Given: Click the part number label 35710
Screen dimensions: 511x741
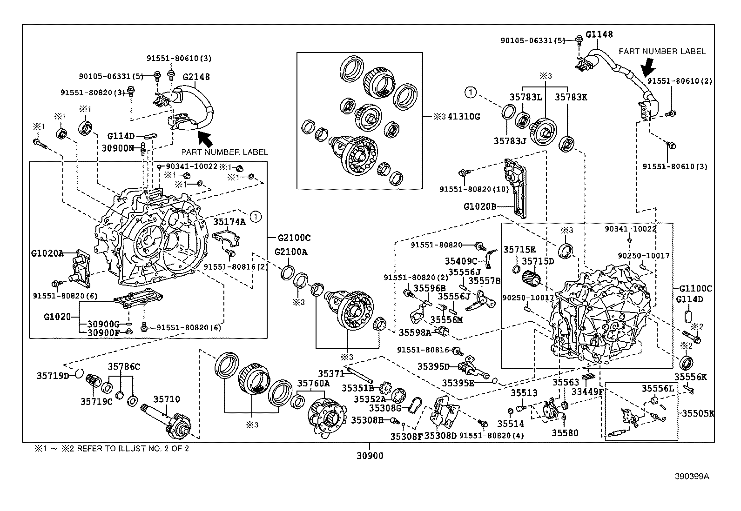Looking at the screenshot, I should pyautogui.click(x=167, y=399).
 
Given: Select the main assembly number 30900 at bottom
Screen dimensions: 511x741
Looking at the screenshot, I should pyautogui.click(x=370, y=456).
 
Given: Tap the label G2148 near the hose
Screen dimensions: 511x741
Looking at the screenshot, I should pyautogui.click(x=196, y=77).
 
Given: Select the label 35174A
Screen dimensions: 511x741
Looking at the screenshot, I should pyautogui.click(x=229, y=222).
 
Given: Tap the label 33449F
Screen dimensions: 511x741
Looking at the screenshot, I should pyautogui.click(x=587, y=392).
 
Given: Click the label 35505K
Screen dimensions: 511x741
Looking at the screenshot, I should pyautogui.click(x=698, y=413).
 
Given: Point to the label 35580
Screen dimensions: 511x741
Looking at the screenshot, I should pyautogui.click(x=565, y=433).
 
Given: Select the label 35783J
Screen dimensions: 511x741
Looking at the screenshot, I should pyautogui.click(x=510, y=140).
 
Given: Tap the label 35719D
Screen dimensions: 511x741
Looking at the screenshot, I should pyautogui.click(x=53, y=375).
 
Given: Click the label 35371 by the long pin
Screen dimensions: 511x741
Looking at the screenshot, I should pyautogui.click(x=331, y=373).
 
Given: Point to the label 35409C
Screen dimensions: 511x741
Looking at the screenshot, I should pyautogui.click(x=461, y=261).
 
